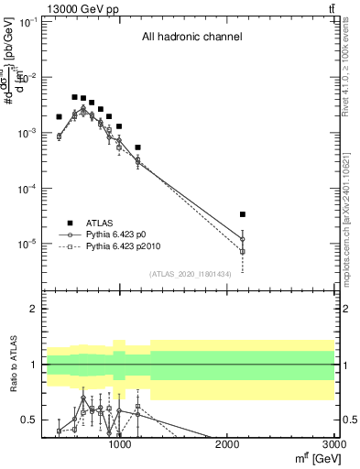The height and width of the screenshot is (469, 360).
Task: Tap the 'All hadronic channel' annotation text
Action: [x=191, y=38]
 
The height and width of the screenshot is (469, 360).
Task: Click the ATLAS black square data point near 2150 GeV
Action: [x=243, y=214]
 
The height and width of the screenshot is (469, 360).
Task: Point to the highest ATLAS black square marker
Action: [x=75, y=96]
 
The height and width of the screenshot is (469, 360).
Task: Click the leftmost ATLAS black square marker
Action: [x=59, y=117]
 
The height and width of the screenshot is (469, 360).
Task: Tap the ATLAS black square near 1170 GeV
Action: [x=137, y=147]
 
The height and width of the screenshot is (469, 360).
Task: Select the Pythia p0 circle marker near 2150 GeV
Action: [x=243, y=239]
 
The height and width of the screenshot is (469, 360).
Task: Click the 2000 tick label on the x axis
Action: [x=226, y=444]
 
